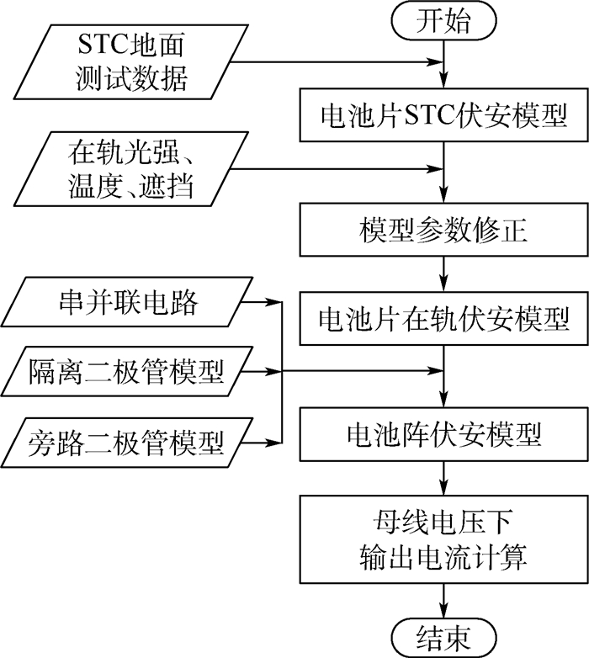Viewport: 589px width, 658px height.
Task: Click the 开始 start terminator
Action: [443, 22]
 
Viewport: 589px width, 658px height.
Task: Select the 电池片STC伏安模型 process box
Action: [443, 115]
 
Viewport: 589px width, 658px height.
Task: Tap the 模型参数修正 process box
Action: [443, 231]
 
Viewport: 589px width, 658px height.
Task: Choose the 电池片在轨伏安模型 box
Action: [443, 319]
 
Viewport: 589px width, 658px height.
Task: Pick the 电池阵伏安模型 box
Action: [443, 435]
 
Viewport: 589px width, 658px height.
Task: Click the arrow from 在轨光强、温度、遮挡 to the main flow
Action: [337, 172]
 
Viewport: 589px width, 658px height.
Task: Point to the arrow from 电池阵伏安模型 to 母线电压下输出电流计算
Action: [443, 478]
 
